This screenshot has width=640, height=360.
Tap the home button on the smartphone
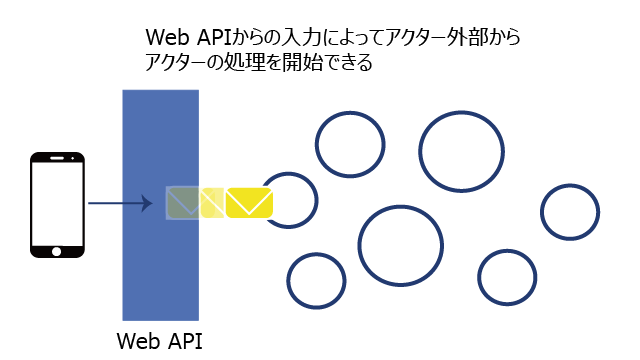(57, 251)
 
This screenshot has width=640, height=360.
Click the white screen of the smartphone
(57, 204)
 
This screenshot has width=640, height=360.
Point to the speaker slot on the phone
(57, 158)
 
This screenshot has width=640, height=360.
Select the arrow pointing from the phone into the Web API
(120, 203)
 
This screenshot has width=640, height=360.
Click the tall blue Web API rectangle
(161, 205)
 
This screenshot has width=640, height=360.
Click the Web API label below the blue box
(160, 341)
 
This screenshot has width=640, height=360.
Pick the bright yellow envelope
(249, 202)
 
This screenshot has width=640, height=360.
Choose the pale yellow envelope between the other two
(212, 202)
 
